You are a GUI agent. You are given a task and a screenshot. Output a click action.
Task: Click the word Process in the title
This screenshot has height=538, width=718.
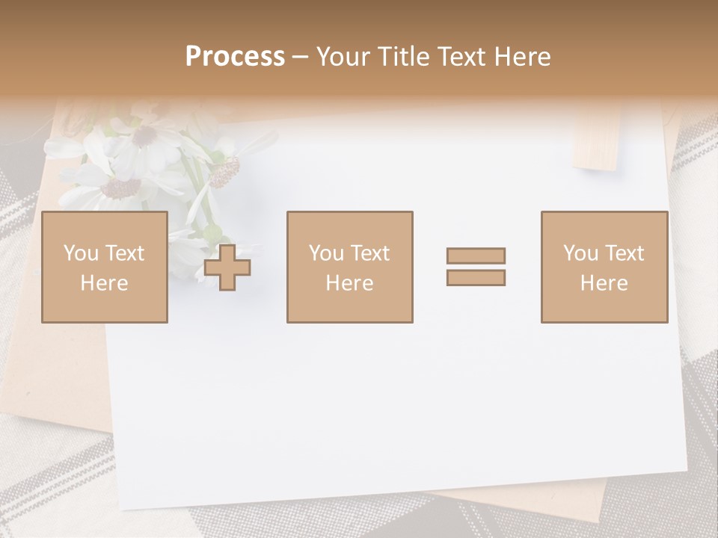coord(235,56)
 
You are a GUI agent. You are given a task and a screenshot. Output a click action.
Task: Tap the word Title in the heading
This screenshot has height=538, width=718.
coord(405,56)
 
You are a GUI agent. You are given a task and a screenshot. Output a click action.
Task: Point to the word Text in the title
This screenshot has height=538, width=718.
coord(465,56)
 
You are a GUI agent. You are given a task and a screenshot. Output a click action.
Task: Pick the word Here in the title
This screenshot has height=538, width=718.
coord(524,56)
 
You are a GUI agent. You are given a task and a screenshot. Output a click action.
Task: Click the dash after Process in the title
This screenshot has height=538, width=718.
coord(300,58)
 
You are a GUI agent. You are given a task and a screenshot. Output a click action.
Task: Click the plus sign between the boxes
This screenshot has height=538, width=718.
coord(227,267)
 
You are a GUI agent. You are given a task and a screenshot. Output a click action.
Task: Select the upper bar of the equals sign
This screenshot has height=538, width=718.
coord(476,256)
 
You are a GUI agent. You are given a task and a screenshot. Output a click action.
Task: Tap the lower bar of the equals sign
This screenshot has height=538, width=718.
coord(476,277)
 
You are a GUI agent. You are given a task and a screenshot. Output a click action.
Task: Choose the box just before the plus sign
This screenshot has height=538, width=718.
coord(104,267)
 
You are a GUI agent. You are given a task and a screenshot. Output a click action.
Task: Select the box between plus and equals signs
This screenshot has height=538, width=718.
coord(349,267)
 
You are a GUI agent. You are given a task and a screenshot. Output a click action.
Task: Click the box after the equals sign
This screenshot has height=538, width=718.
coord(604,267)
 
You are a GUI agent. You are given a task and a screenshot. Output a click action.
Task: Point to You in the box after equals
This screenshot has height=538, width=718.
coord(580,253)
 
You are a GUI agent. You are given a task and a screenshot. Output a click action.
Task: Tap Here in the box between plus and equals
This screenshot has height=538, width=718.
coord(349,283)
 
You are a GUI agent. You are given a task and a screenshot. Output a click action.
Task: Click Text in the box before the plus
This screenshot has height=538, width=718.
coord(124,253)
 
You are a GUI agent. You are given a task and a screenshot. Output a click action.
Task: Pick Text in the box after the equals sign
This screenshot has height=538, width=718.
coord(625,253)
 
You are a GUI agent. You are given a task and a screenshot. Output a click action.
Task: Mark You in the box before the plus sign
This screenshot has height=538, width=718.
coord(81,253)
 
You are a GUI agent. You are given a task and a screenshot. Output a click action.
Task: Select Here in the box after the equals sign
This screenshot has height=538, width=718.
coord(604,283)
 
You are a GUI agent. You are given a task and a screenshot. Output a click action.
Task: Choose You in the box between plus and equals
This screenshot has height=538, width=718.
coord(326,253)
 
